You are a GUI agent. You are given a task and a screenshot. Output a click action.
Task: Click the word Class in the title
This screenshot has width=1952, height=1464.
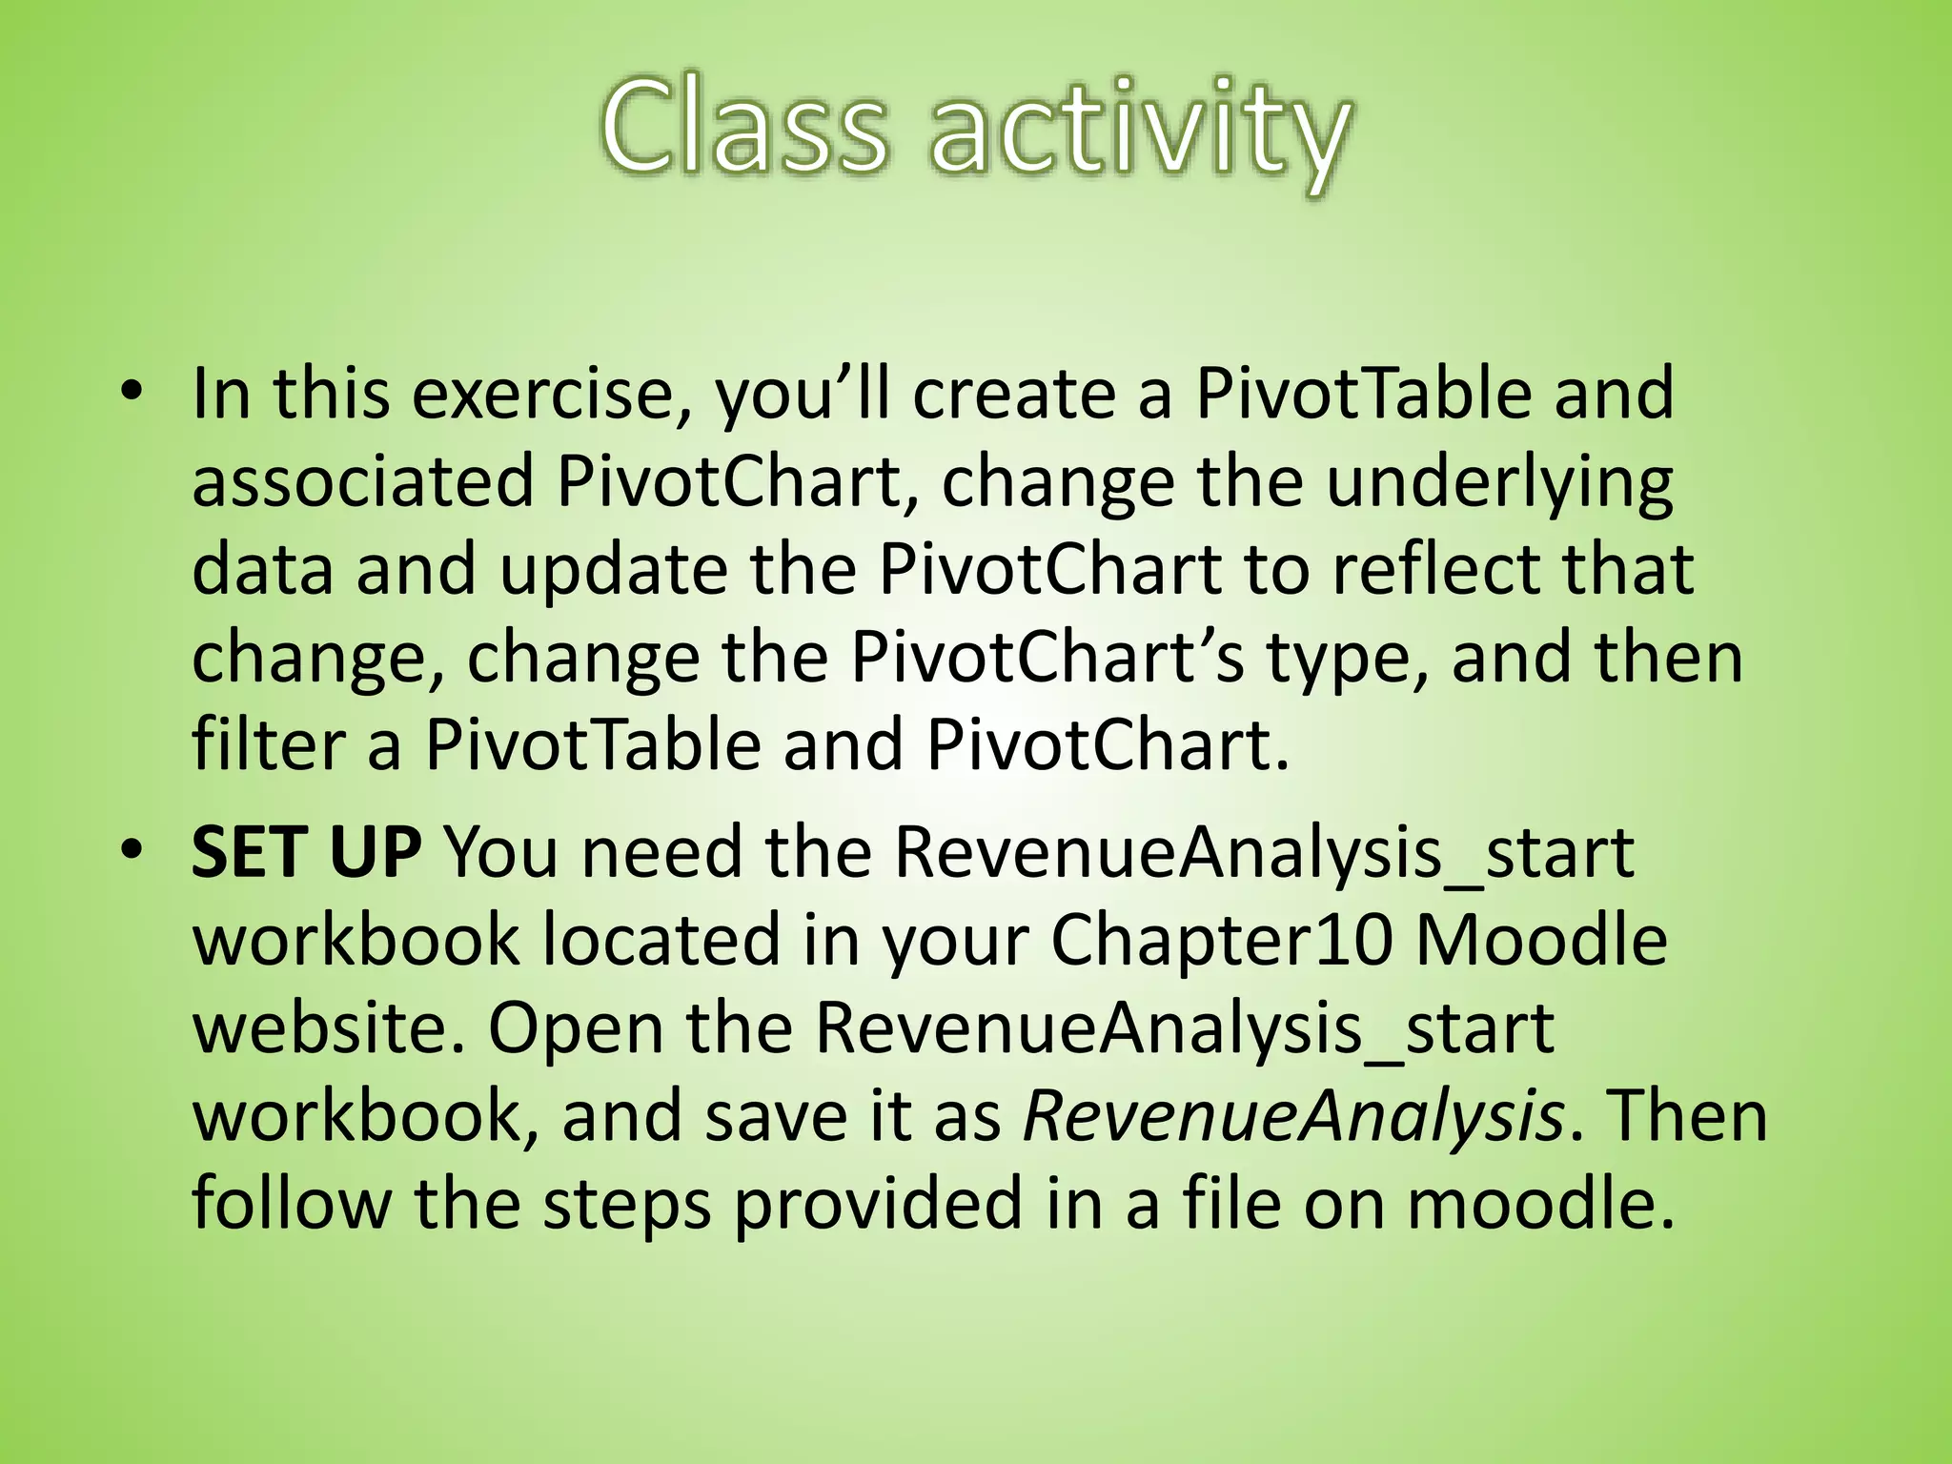[x=743, y=129]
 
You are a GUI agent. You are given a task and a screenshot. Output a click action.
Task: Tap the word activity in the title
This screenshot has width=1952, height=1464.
[x=1140, y=133]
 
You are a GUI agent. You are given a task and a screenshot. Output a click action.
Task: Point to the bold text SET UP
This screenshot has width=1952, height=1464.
[x=306, y=852]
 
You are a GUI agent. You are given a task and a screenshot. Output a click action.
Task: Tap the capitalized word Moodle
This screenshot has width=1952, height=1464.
[x=1541, y=940]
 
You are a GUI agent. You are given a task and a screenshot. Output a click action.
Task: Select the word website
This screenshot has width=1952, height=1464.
[x=329, y=1027]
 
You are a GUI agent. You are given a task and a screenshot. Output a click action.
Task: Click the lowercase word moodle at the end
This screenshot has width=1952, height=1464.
[x=1540, y=1204]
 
